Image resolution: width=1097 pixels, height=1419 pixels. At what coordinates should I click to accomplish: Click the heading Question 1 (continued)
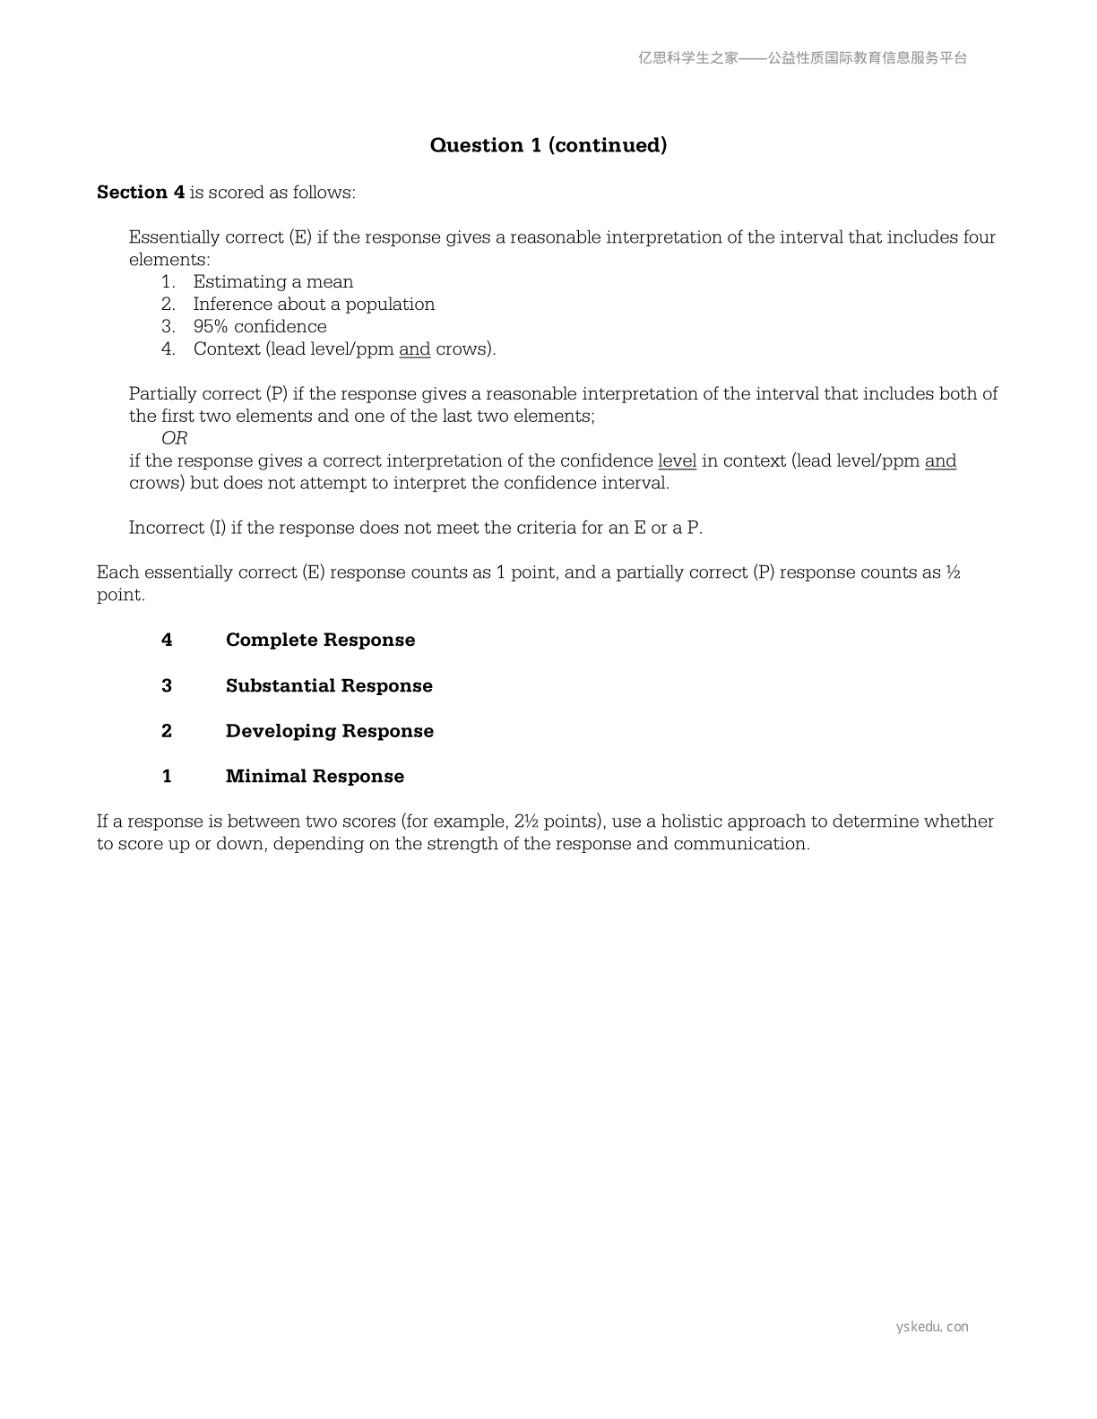pos(548,145)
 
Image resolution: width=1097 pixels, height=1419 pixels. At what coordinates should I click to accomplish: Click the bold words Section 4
pos(141,193)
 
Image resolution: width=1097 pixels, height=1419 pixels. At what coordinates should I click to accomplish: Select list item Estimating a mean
pos(272,282)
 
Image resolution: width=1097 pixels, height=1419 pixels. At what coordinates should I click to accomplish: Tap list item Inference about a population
pos(314,305)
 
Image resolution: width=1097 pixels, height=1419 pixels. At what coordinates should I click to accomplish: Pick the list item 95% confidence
pos(260,327)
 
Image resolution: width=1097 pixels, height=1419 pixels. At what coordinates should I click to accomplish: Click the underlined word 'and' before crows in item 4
pos(414,349)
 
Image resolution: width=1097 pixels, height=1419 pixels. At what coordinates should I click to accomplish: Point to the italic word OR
pos(174,438)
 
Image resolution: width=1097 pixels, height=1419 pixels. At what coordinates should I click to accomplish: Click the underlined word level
pos(677,461)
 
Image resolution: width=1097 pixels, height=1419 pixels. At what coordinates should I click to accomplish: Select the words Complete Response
pos(320,641)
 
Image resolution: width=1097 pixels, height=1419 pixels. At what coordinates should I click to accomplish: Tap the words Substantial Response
pos(329,686)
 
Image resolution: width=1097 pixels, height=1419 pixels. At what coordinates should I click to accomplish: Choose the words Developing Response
pos(329,731)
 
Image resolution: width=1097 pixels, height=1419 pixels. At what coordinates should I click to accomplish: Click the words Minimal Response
pos(315,777)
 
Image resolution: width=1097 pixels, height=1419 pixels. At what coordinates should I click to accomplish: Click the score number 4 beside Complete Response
pos(167,641)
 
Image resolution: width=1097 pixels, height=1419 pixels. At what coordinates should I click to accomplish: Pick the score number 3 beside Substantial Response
pos(167,686)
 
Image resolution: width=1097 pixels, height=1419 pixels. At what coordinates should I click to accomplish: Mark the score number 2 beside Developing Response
pos(167,731)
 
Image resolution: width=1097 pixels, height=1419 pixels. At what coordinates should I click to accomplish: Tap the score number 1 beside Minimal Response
pos(167,777)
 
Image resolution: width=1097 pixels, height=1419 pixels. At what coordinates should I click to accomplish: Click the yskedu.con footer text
pos(932,1327)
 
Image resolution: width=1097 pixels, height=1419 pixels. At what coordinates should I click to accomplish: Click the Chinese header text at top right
pos(802,58)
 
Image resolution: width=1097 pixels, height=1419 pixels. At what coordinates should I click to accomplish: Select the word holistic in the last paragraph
pos(690,821)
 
